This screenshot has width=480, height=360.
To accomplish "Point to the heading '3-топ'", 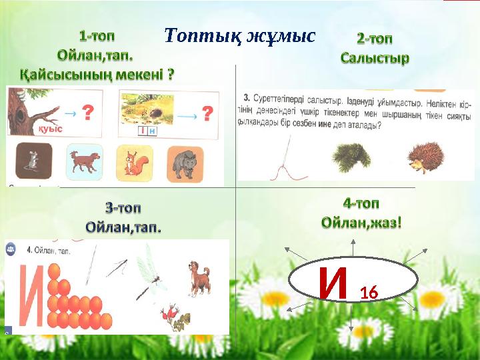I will pos(123,207).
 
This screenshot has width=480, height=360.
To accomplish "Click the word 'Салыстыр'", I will pos(375,58).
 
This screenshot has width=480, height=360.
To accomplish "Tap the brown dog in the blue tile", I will pos(85,161).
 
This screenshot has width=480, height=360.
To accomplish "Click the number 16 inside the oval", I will pos(369,291).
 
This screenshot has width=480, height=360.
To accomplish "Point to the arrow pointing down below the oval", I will pos(351,320).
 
